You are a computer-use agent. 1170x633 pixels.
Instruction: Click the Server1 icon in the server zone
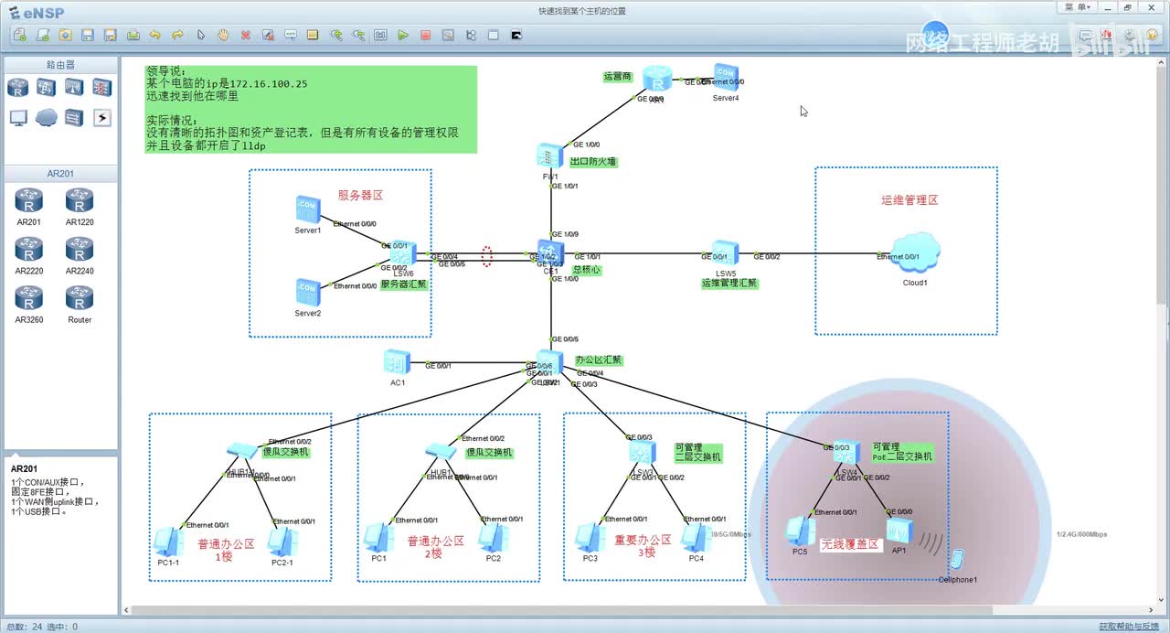308,209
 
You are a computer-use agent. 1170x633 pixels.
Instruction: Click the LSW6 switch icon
403,253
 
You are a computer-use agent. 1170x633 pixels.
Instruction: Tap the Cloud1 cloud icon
916,252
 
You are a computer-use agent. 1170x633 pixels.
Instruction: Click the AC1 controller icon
397,362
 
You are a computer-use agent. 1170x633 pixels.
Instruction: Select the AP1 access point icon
899,531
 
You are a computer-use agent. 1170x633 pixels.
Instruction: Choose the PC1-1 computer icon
168,542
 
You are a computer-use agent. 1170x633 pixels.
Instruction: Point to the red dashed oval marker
487,257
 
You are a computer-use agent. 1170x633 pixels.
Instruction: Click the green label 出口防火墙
593,162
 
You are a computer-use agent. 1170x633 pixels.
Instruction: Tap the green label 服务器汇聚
403,284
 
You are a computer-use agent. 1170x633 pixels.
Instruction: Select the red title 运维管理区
909,200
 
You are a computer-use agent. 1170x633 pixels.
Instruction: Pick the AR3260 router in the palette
29,298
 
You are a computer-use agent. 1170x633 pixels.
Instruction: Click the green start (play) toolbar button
403,36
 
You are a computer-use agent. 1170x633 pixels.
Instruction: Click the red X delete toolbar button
246,36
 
